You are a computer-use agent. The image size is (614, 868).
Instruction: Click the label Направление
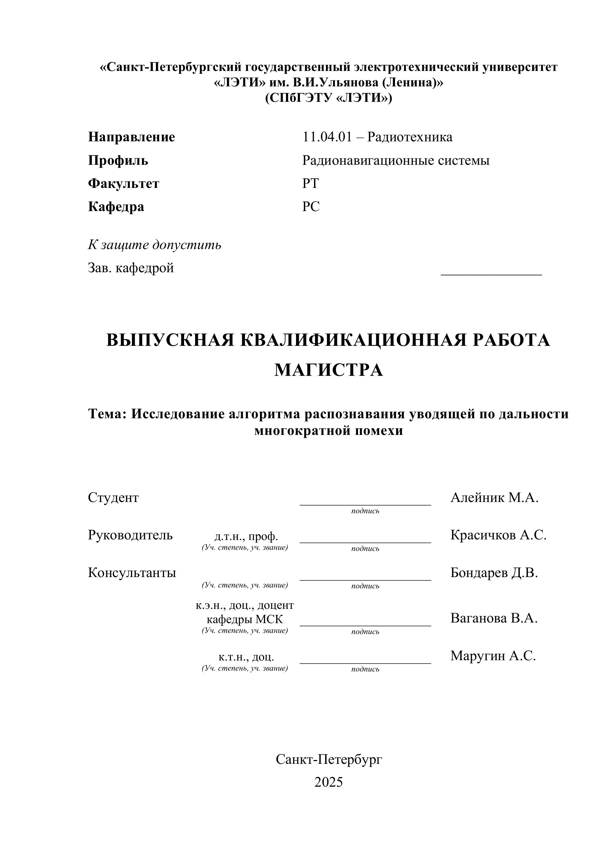coord(131,137)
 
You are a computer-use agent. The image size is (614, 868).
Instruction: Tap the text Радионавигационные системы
coord(395,160)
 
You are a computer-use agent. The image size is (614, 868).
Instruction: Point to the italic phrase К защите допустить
coord(154,245)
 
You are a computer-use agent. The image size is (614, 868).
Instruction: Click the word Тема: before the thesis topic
coord(107,414)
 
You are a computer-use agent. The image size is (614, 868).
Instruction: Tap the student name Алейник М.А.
coord(494,498)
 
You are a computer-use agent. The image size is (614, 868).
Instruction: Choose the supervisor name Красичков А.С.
coord(498,535)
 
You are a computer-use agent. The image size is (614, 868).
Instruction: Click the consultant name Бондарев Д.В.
coord(494,573)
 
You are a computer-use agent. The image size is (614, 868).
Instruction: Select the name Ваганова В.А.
coord(494,618)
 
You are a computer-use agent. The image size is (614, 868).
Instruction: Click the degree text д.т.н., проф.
coord(246,536)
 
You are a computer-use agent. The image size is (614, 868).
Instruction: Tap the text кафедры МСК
coord(245,619)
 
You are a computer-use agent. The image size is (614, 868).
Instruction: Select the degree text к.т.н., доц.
coord(246,657)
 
